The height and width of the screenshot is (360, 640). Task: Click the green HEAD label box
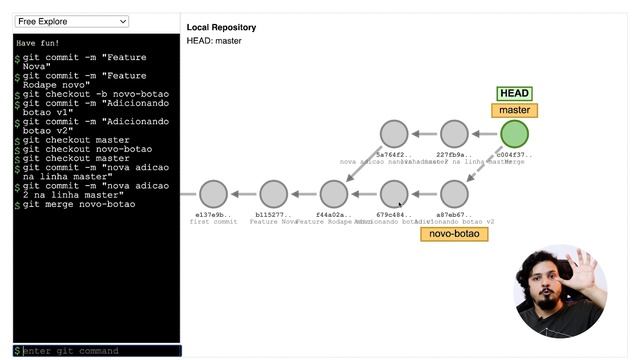click(x=514, y=94)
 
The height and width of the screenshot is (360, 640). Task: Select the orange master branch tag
click(x=514, y=111)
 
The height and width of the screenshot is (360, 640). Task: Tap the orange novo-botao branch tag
click(x=455, y=234)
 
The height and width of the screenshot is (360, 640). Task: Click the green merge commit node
click(x=514, y=134)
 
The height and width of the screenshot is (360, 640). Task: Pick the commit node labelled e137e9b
click(x=213, y=194)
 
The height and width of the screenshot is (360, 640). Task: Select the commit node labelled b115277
click(x=273, y=194)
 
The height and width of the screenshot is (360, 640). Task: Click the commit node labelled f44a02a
click(x=333, y=194)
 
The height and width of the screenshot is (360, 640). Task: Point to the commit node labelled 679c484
click(x=394, y=194)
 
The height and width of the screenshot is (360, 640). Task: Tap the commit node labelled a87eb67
click(x=454, y=194)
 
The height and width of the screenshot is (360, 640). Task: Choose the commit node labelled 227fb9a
click(x=454, y=134)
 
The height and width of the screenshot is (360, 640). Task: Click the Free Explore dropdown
click(x=72, y=21)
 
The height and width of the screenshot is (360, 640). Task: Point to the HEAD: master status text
click(x=214, y=41)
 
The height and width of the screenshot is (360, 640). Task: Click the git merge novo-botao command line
click(x=80, y=204)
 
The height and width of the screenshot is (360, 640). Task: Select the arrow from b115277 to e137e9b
click(x=243, y=194)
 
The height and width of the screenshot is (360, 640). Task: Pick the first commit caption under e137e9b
click(x=213, y=221)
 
